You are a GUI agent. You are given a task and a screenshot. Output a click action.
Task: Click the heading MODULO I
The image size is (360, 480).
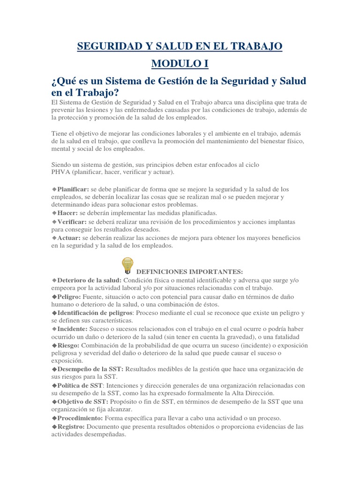pos(180,63)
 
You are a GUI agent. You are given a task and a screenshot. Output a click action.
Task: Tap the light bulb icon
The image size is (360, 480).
pos(127,265)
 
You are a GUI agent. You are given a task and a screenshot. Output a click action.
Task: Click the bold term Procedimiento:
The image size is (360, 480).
pos(80,418)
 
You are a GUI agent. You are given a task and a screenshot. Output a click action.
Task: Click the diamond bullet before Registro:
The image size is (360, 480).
pos(54,427)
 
